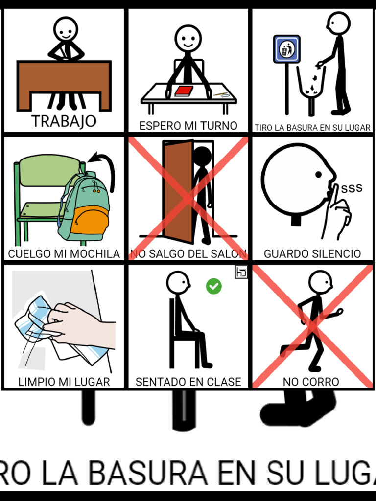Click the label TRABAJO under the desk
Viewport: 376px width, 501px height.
tap(64, 121)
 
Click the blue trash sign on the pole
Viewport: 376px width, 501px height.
tap(286, 49)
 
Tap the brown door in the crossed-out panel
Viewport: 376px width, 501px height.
tap(178, 191)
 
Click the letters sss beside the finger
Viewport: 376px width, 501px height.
tap(352, 188)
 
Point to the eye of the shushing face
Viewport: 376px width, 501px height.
tap(318, 174)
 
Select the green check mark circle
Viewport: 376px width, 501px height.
tap(213, 286)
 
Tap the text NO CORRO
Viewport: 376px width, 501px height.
tap(311, 382)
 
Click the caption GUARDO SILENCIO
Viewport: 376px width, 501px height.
tap(312, 254)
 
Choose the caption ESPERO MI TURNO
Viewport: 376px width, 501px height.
tap(188, 126)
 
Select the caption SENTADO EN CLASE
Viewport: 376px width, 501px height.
tap(188, 382)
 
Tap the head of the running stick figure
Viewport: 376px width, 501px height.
tap(320, 282)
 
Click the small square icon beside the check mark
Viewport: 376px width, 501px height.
tap(241, 273)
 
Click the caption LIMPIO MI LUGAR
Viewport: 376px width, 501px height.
tap(64, 382)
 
